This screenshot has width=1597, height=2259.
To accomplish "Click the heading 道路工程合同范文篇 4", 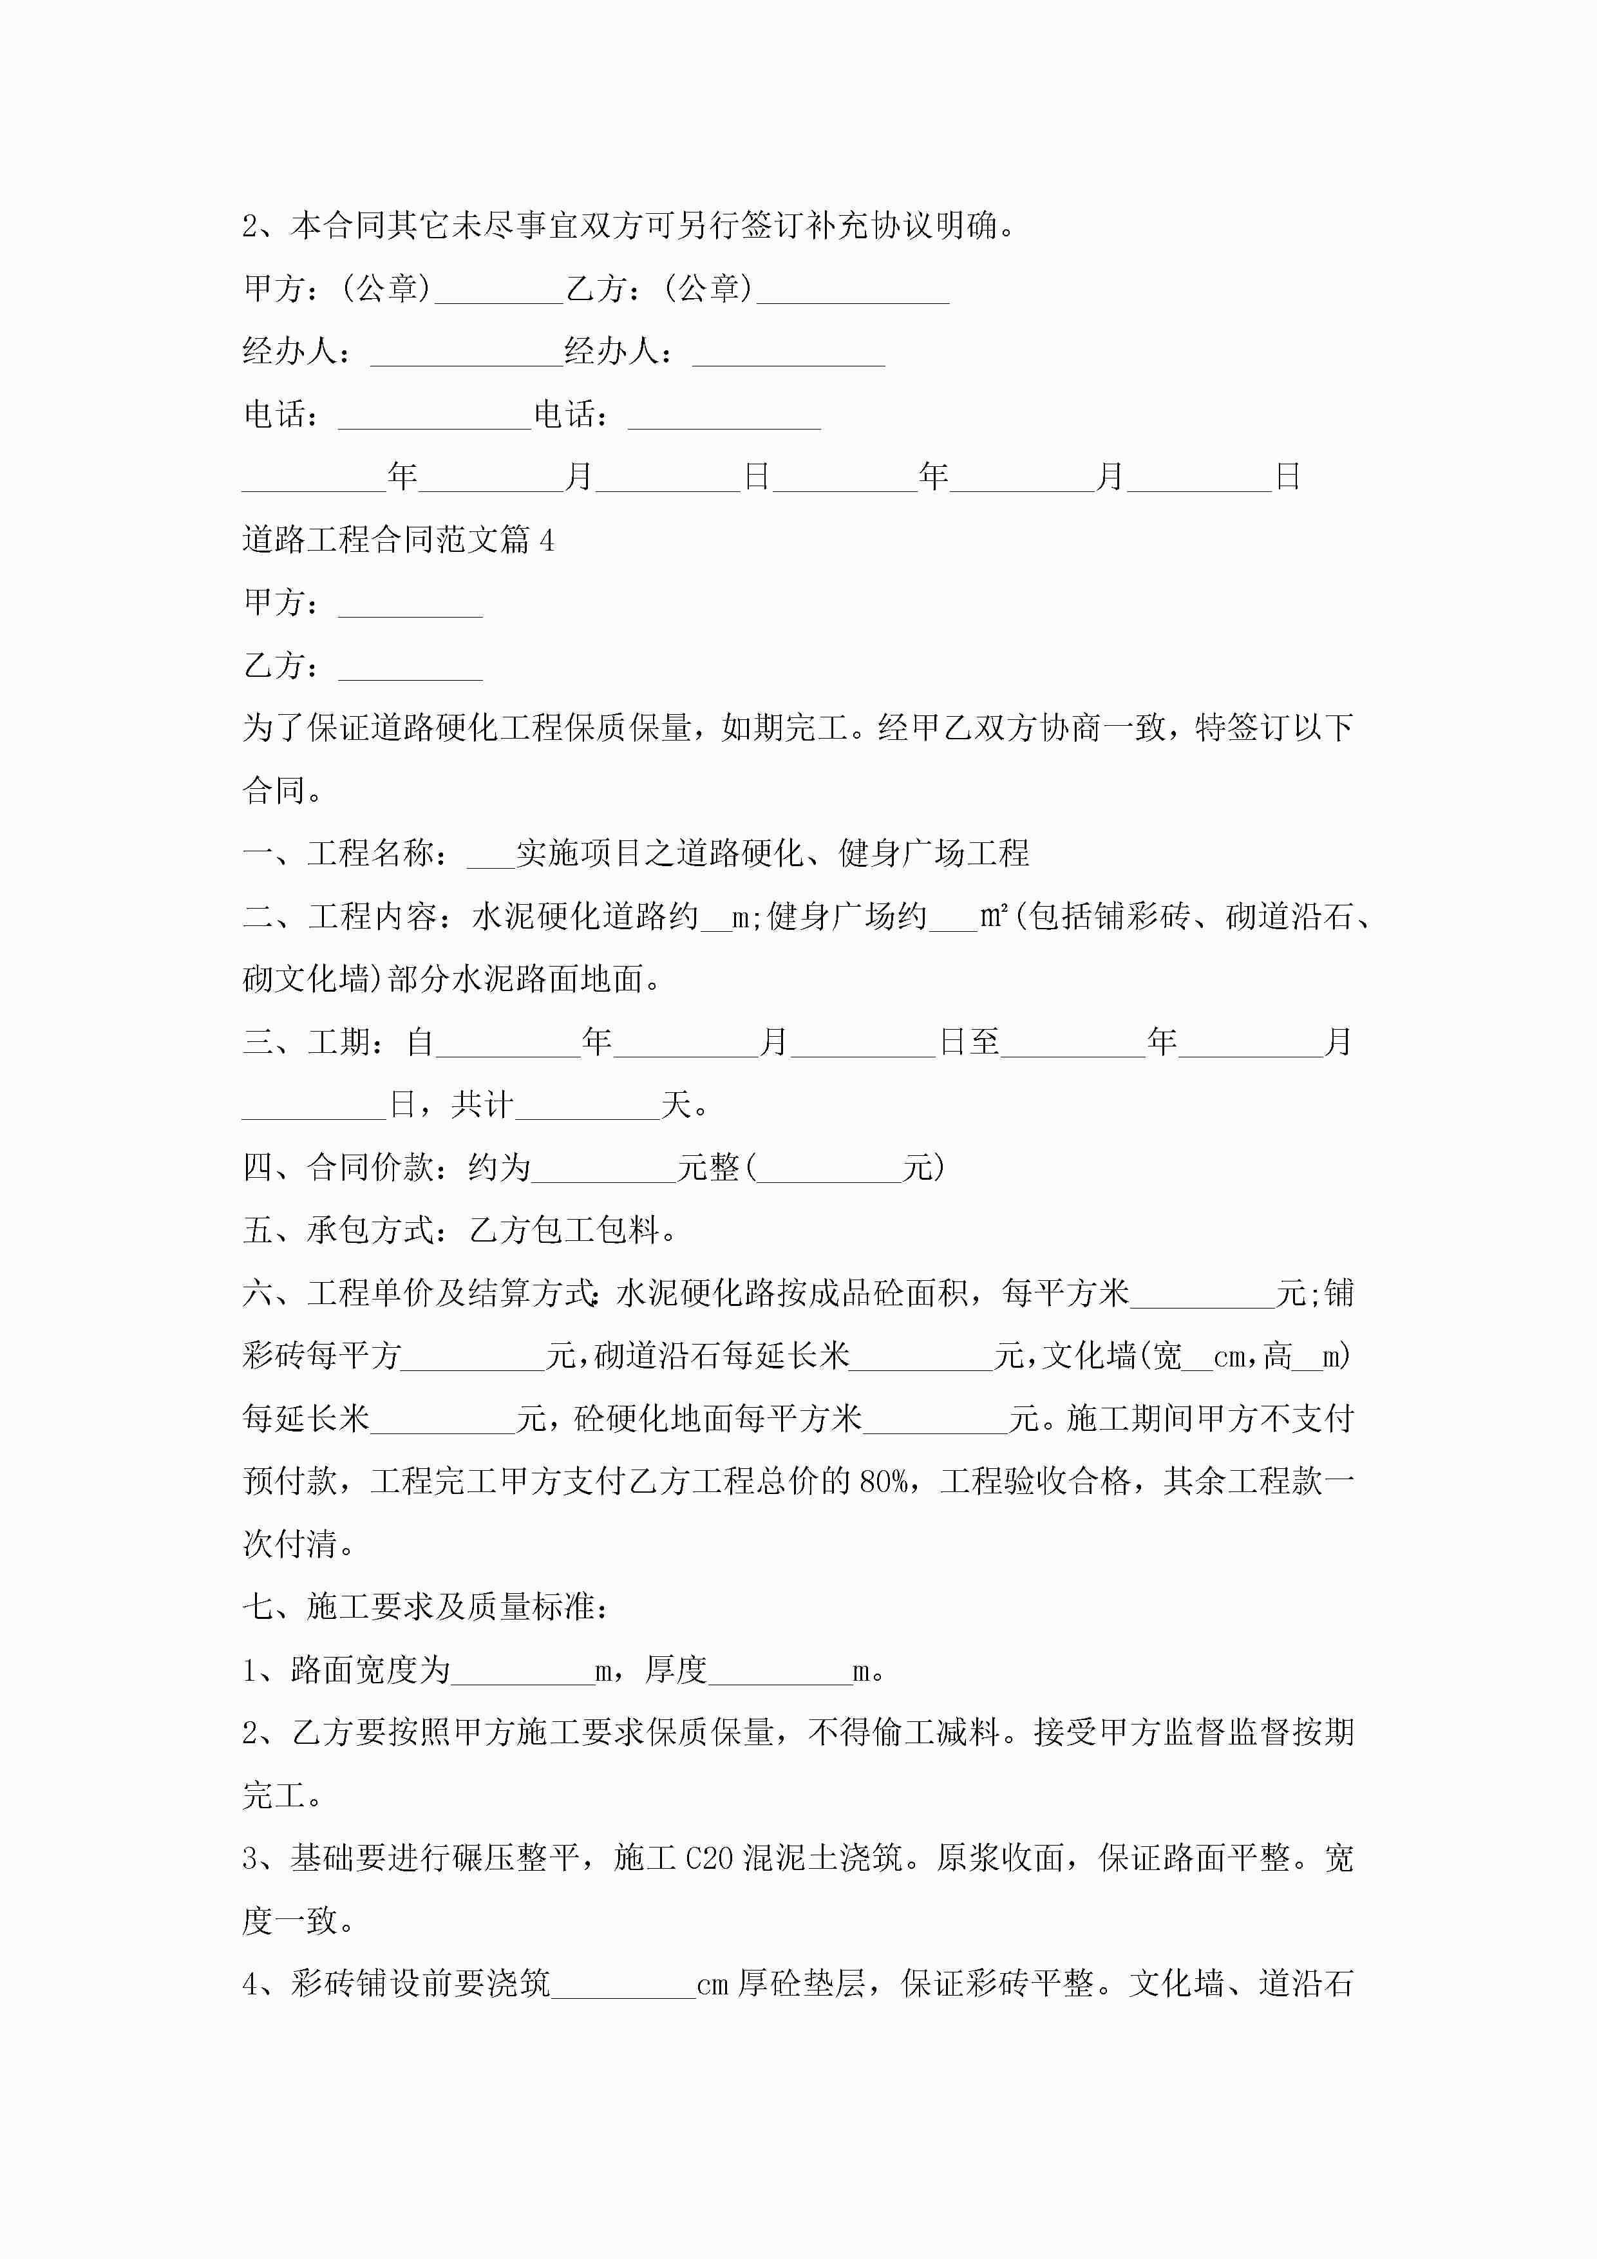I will click(399, 539).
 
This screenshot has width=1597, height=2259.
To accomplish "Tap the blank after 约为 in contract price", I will click(603, 1168).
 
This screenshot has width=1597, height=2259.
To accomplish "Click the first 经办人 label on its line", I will click(290, 351).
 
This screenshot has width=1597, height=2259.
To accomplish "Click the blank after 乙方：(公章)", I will click(852, 289).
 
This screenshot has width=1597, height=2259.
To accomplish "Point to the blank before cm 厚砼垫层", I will click(624, 1983).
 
